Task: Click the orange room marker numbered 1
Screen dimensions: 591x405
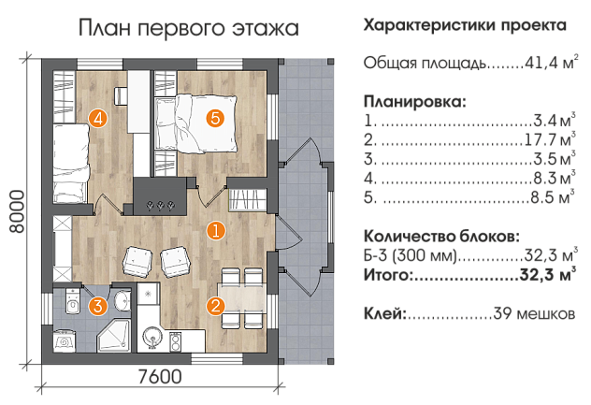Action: tap(216, 231)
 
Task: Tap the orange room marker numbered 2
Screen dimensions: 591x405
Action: tap(216, 306)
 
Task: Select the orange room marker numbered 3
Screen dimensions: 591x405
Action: tap(98, 306)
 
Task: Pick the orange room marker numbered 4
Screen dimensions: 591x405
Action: tap(98, 119)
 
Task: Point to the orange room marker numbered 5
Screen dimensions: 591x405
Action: tap(215, 119)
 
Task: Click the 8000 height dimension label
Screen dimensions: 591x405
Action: tap(18, 211)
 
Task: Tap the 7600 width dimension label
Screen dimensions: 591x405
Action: tap(160, 377)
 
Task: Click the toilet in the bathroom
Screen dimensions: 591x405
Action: tap(73, 301)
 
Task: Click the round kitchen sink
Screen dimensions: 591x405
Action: tap(152, 337)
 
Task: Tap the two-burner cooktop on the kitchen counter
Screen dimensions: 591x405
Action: tap(175, 340)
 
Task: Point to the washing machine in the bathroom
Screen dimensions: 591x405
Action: tap(65, 341)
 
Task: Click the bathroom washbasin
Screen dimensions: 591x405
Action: tap(123, 300)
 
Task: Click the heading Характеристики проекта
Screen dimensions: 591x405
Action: tap(465, 25)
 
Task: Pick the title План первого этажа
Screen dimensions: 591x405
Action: tap(189, 28)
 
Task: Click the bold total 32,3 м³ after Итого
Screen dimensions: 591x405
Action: tap(548, 275)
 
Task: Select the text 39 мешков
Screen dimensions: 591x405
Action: tap(534, 313)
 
